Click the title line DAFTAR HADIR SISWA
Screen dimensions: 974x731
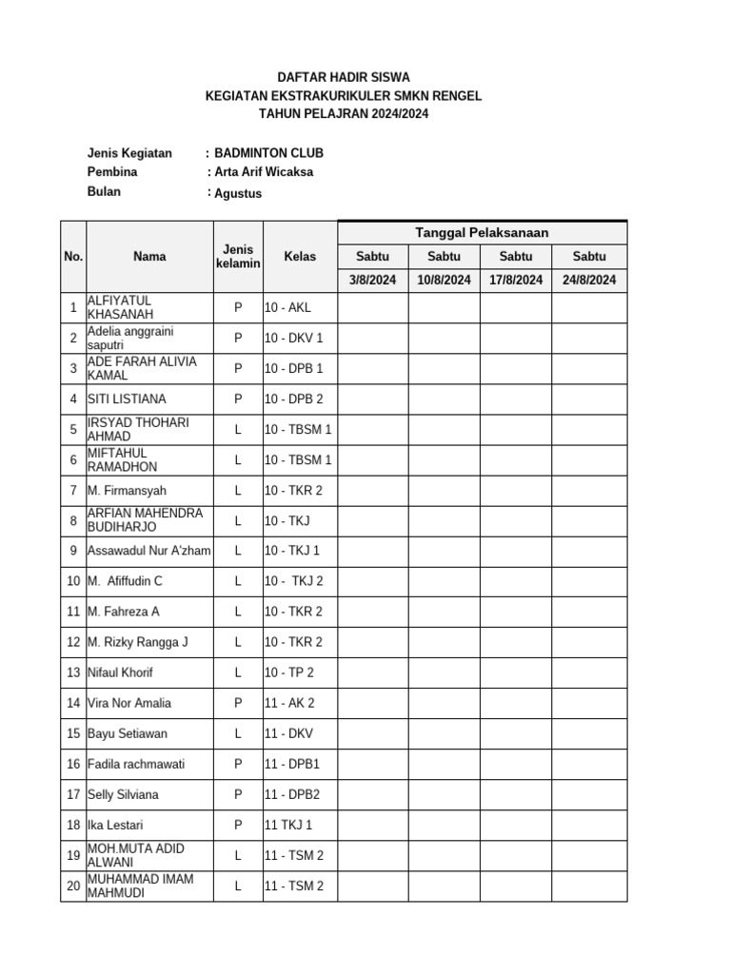pos(344,77)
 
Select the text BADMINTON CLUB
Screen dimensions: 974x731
pos(268,153)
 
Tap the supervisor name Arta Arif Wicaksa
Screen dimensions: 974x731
pos(263,172)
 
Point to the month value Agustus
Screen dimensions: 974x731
pos(237,193)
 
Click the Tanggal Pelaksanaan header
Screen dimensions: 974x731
pos(482,233)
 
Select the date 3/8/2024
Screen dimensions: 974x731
pos(373,280)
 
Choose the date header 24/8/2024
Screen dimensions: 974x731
pos(589,280)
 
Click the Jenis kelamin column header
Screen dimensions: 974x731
pos(238,256)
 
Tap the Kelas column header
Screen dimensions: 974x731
pos(300,256)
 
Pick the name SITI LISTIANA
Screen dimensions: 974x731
pos(127,399)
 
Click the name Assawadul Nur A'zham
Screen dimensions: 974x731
pos(148,551)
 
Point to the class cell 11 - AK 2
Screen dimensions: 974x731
pos(289,703)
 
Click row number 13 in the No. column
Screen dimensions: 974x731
pos(73,672)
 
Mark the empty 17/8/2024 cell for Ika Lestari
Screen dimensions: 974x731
pos(515,825)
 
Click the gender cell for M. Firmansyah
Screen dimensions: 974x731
pos(238,490)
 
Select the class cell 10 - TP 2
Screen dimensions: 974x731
pos(288,672)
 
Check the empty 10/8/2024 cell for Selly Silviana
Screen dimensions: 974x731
pos(444,794)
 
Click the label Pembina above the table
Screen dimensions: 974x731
pos(112,172)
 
